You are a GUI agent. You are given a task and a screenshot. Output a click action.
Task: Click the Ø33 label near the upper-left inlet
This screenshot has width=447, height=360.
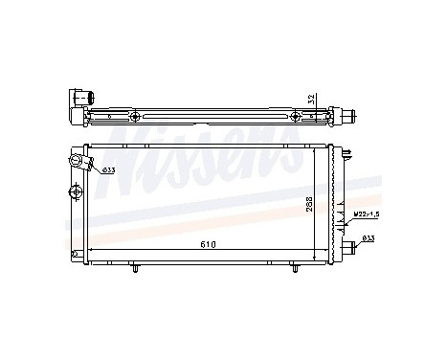pos(108,170)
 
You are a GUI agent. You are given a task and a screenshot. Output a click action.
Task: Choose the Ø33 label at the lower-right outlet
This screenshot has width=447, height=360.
pos(369,238)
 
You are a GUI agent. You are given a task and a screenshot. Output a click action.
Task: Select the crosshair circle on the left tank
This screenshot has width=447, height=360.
pos(76,191)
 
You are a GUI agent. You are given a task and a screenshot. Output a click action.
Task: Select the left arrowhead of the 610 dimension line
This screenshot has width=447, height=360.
pos(91,250)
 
